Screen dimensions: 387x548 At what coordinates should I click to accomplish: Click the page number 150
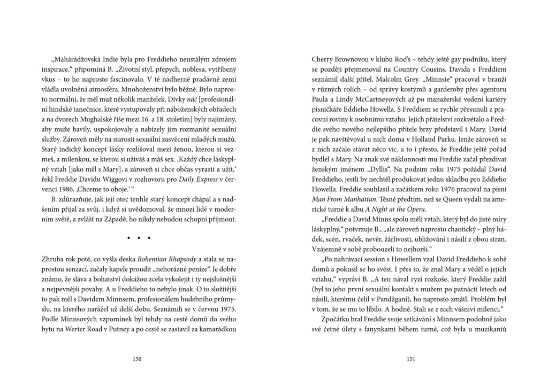[137, 359]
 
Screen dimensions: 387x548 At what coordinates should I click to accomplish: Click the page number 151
[411, 359]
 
